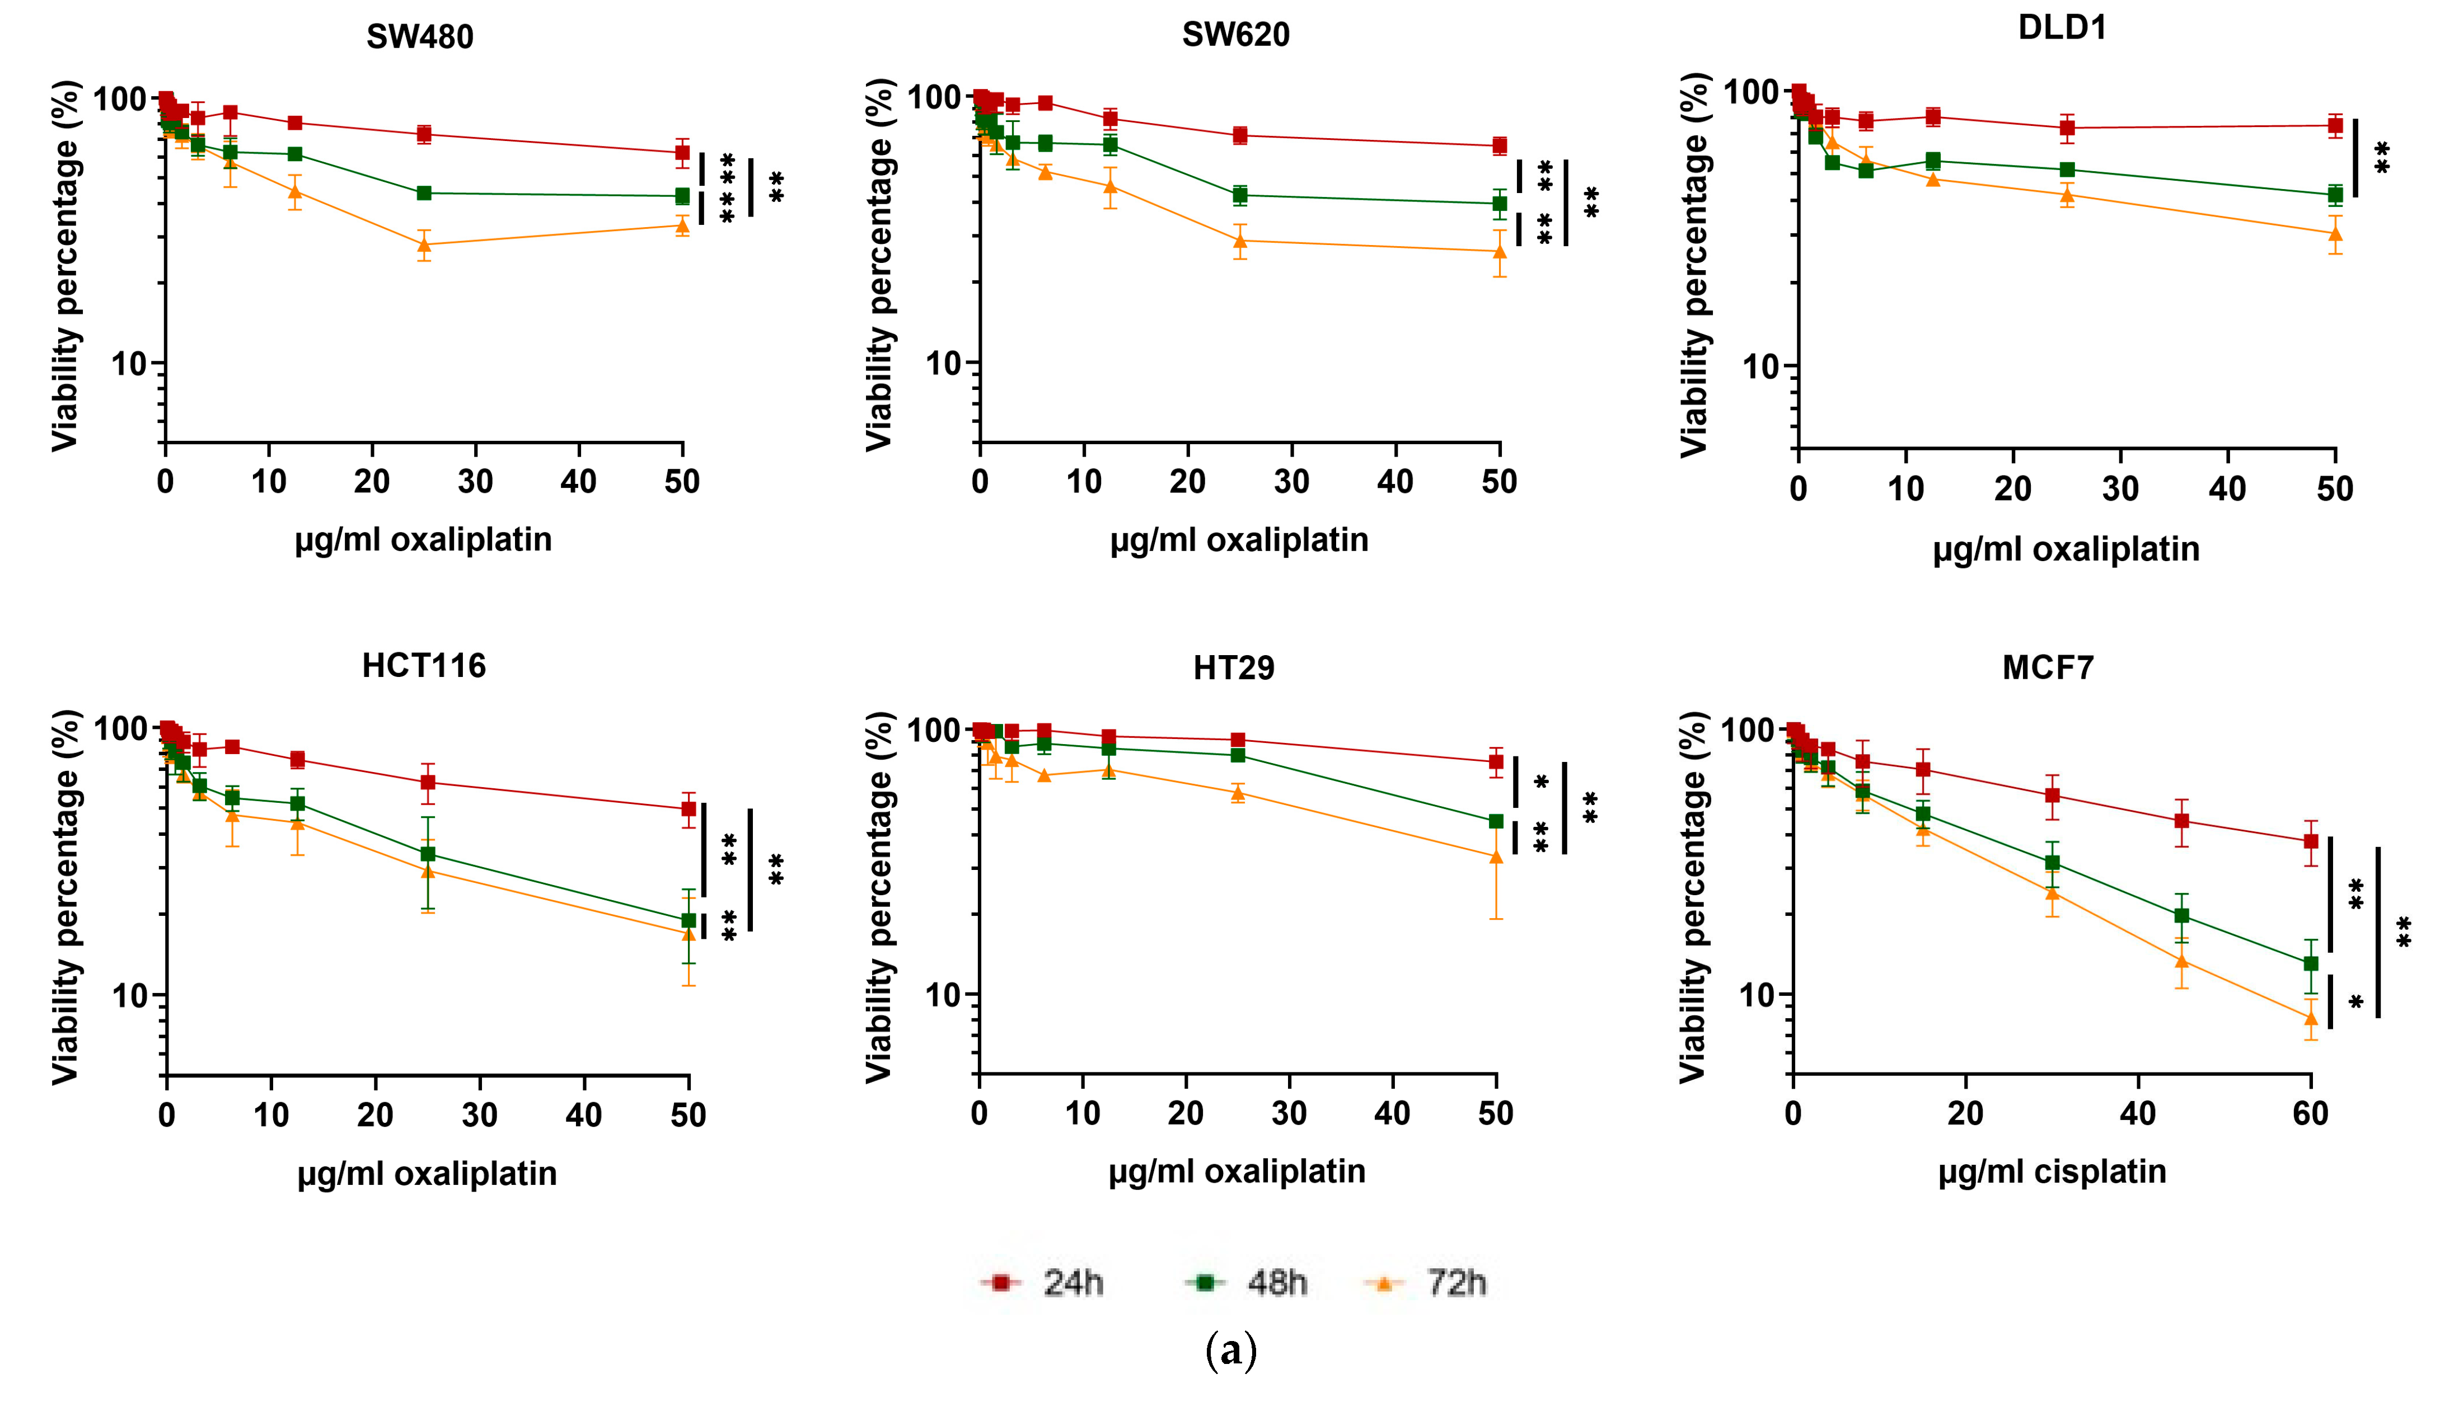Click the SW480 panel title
[420, 36]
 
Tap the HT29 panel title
[1234, 667]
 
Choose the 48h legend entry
[1248, 1283]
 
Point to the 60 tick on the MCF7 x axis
[2310, 1114]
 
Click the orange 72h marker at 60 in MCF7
[2310, 1018]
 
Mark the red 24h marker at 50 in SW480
[682, 152]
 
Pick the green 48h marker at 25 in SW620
[1240, 195]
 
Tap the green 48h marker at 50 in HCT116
[688, 920]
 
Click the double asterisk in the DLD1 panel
[2381, 157]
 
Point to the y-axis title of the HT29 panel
[878, 897]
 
